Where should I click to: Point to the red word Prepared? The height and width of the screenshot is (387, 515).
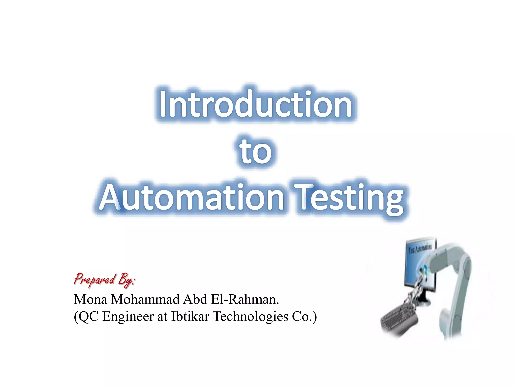pos(95,280)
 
